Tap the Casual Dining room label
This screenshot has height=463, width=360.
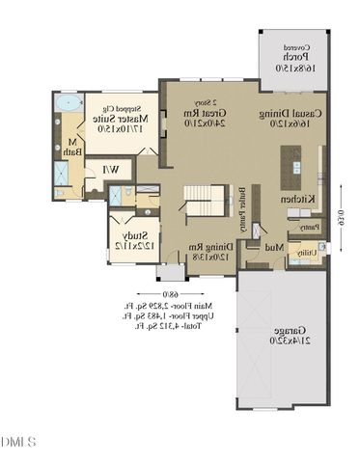[288, 119]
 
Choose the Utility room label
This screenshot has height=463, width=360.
[305, 253]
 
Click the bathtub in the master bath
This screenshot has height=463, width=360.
[67, 101]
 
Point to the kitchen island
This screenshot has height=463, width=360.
[291, 170]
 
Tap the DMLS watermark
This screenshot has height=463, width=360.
[18, 442]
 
